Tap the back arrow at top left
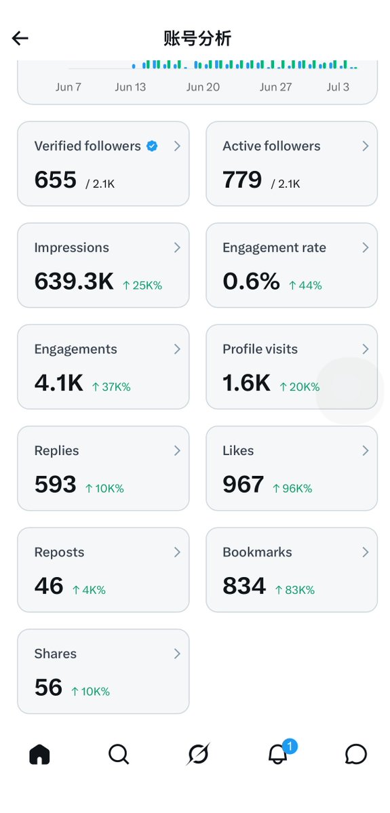click(x=20, y=38)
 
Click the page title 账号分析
click(x=197, y=39)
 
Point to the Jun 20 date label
click(x=203, y=87)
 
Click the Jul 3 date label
click(x=338, y=87)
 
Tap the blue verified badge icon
click(x=152, y=146)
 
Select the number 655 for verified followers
click(x=56, y=180)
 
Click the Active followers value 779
click(x=242, y=180)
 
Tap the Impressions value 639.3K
click(x=74, y=281)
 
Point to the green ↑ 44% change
click(x=305, y=285)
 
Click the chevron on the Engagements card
click(x=177, y=349)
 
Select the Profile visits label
click(x=260, y=349)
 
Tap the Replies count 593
click(x=55, y=485)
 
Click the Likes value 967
click(x=243, y=485)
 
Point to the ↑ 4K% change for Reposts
click(x=88, y=590)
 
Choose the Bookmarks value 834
click(x=244, y=587)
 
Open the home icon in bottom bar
click(x=39, y=755)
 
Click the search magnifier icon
click(x=119, y=755)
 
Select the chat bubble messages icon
click(x=356, y=755)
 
